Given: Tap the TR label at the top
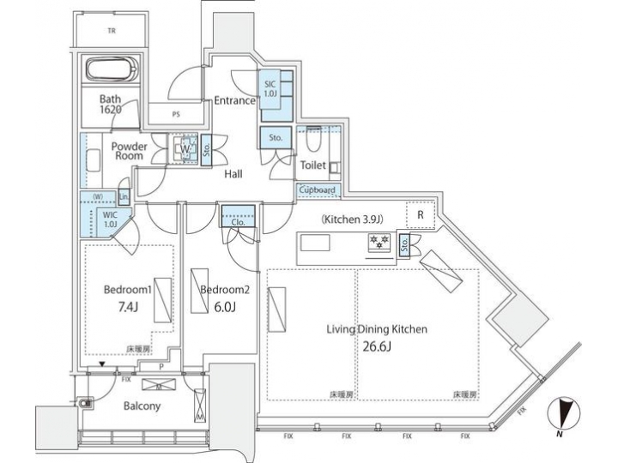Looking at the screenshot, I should pyautogui.click(x=112, y=31).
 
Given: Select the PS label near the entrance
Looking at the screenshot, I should pyautogui.click(x=177, y=113).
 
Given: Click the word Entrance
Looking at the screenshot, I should pyautogui.click(x=234, y=100).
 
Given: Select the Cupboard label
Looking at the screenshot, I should pyautogui.click(x=318, y=190).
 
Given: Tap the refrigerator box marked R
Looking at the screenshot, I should pyautogui.click(x=420, y=215).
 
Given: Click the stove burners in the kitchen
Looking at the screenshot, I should pyautogui.click(x=379, y=244).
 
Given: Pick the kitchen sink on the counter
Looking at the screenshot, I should pyautogui.click(x=314, y=243).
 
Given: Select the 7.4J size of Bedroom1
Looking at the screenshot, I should pyautogui.click(x=119, y=307).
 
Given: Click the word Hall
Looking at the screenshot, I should pyautogui.click(x=233, y=174).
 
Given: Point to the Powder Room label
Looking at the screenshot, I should pyautogui.click(x=130, y=152).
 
